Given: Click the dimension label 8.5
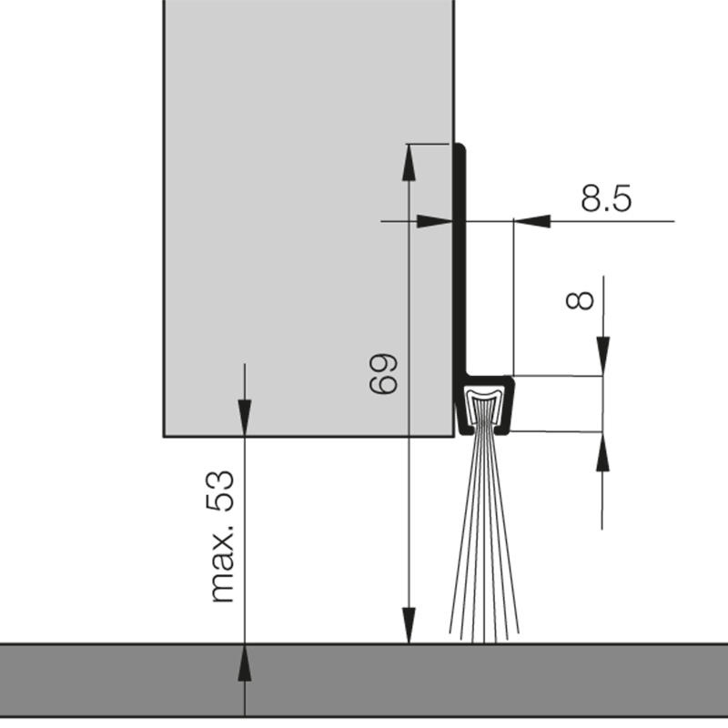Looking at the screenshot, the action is point(606,198).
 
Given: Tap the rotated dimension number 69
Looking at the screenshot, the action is point(384,373).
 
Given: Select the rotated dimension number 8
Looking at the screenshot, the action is point(580,299).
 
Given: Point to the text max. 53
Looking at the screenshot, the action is point(222,536).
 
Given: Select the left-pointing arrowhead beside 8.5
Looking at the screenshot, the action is point(537,220).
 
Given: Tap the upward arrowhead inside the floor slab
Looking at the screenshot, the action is point(245,660).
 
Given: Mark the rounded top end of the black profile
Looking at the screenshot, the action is point(461,148).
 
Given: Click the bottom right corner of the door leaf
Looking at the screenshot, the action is point(453,436).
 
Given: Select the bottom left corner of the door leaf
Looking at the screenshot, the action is point(165,436).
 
